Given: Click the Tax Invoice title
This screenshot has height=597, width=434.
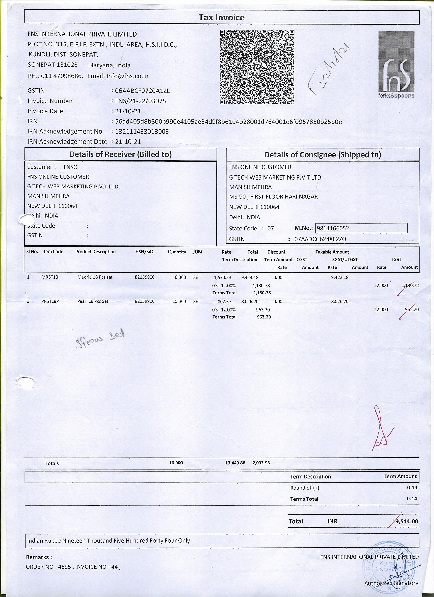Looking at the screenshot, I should click(221, 17).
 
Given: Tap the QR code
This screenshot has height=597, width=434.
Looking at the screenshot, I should click(257, 67).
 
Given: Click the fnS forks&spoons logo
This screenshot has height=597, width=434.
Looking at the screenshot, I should click(396, 65).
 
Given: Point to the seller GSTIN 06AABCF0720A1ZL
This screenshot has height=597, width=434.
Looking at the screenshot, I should click(142, 91).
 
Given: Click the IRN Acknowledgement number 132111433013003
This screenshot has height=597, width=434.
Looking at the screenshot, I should click(142, 131).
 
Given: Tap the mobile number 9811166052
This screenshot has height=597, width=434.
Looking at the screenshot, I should click(333, 228).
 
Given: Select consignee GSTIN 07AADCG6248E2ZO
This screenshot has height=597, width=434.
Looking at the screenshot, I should click(320, 239).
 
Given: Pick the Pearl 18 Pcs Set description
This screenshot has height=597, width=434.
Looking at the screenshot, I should click(93, 301).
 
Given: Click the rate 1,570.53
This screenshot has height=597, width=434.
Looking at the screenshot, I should click(222, 277).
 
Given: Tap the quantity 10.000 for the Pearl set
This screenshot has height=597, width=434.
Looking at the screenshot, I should click(179, 301).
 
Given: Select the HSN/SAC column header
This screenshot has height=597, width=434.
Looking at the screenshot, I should click(145, 252).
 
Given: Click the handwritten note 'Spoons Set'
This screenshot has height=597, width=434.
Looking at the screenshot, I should click(100, 339).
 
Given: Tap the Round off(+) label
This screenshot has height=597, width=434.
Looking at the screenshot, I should click(305, 488).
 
